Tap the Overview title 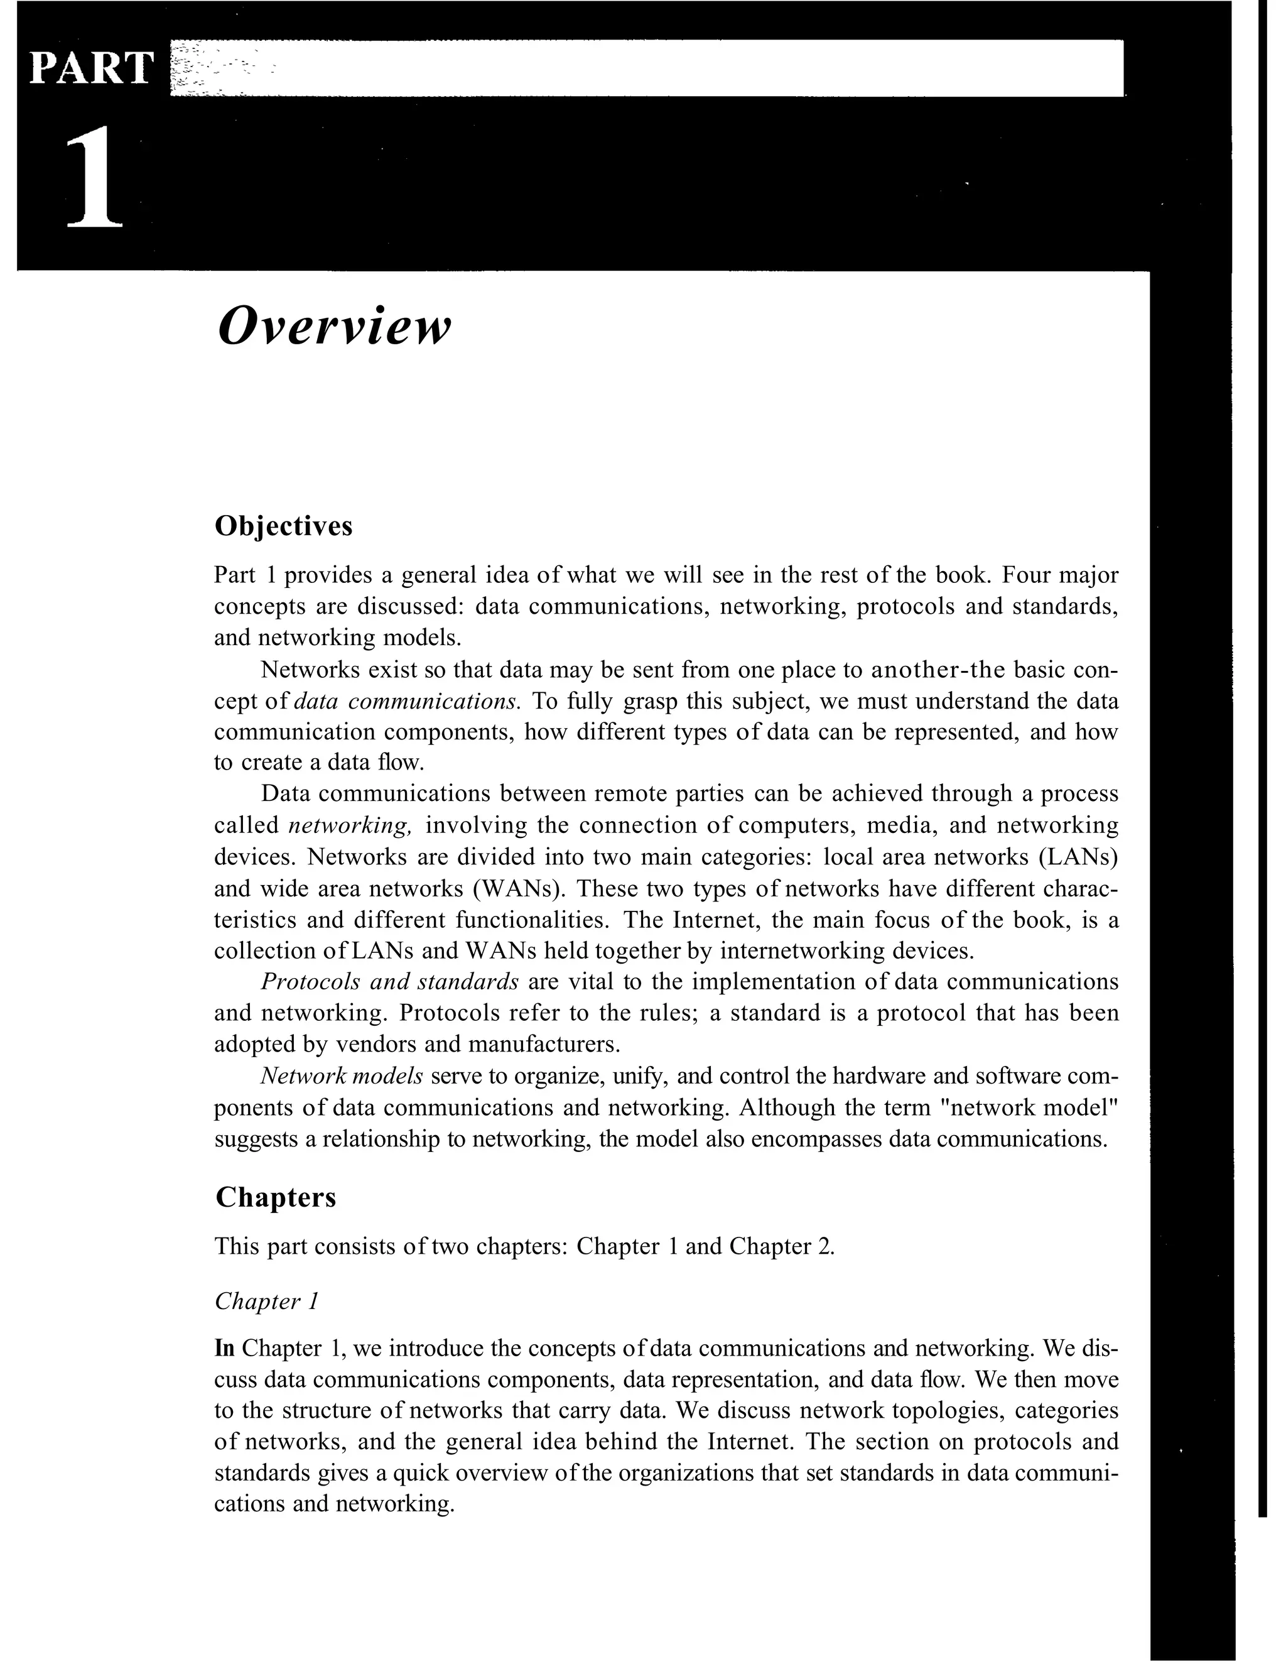click(x=333, y=326)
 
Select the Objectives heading click(x=283, y=526)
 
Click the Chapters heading click(x=275, y=1197)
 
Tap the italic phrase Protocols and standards click(x=389, y=981)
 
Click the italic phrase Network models click(x=342, y=1076)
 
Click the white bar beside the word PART click(x=647, y=68)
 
